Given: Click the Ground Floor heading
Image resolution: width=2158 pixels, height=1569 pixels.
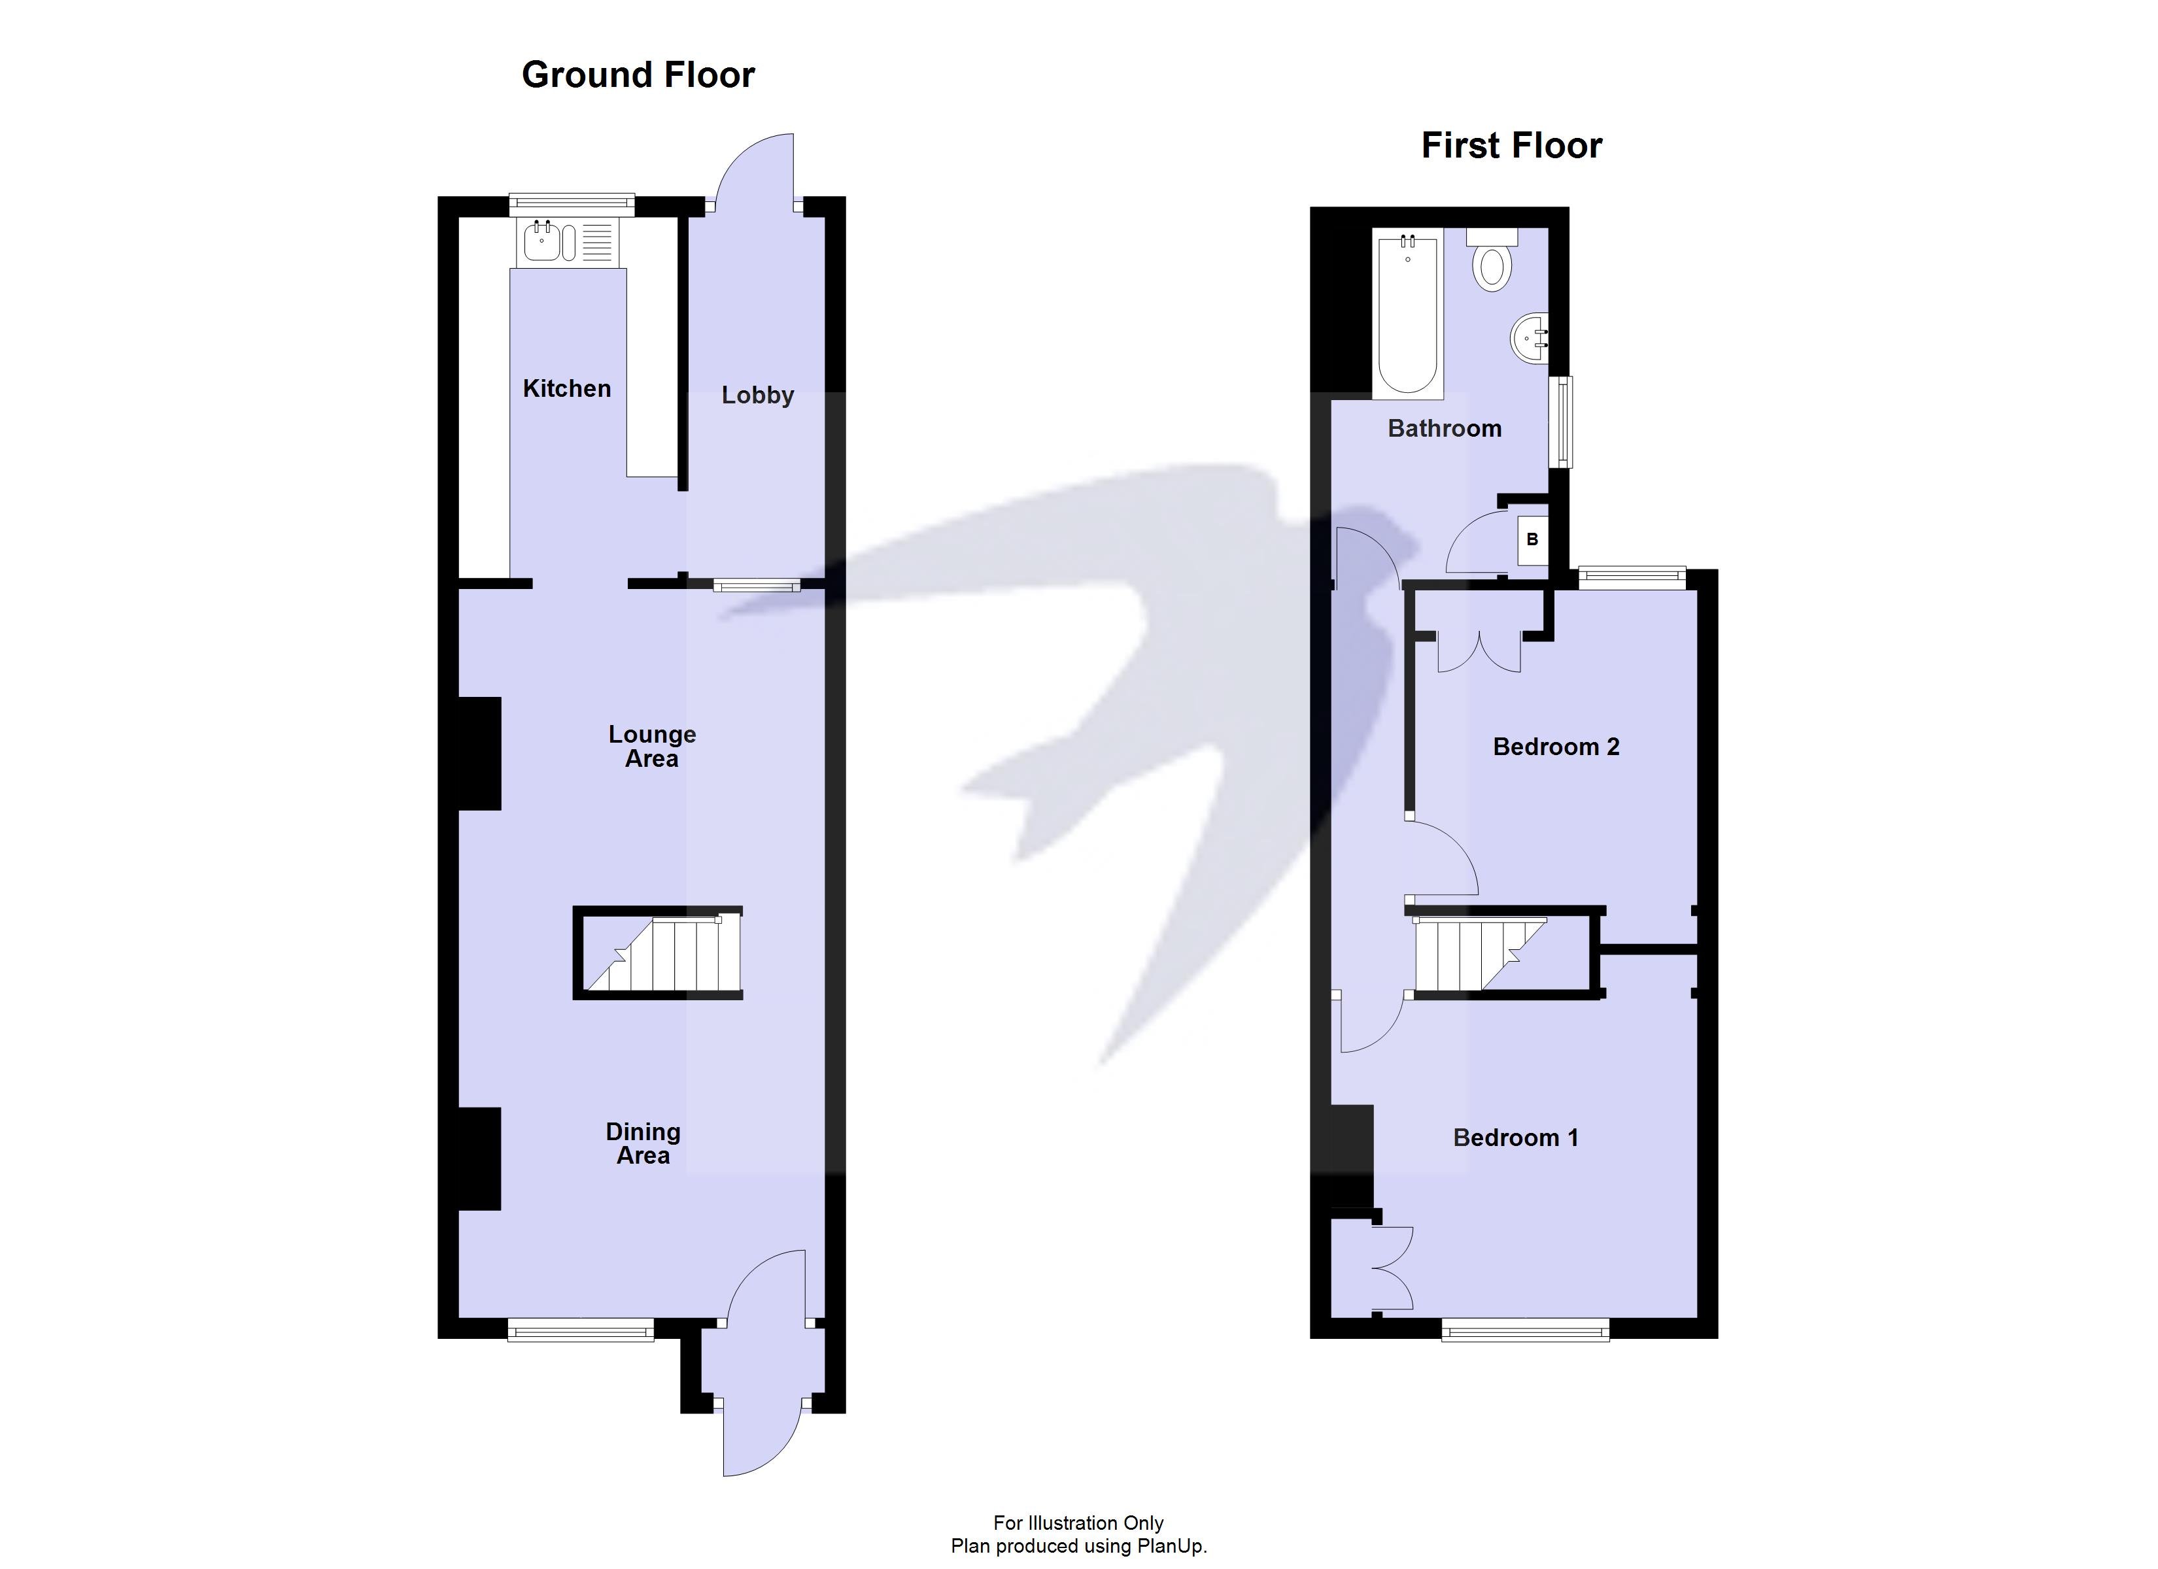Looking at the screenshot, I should (x=638, y=75).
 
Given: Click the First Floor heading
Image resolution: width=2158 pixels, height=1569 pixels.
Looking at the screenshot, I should (x=1511, y=146).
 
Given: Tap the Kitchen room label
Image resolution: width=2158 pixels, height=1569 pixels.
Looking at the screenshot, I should (x=566, y=388).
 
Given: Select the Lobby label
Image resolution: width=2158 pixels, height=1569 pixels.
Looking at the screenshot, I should (x=757, y=395).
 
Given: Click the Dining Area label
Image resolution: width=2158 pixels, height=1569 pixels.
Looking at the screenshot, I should (x=643, y=1143).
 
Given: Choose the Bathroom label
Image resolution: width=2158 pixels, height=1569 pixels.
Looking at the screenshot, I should (x=1445, y=428).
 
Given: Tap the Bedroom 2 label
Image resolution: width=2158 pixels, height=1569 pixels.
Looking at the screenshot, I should (x=1556, y=747).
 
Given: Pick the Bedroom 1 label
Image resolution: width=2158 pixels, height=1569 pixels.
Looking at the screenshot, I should (x=1516, y=1138).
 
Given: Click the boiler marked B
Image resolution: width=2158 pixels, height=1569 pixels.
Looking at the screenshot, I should (x=1532, y=539).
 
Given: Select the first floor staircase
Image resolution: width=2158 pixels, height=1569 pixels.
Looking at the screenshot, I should (x=1481, y=953).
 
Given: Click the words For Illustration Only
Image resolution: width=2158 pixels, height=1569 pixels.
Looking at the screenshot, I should (x=1078, y=1523).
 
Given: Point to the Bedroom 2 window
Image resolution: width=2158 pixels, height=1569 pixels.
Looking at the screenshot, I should (x=1632, y=576).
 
